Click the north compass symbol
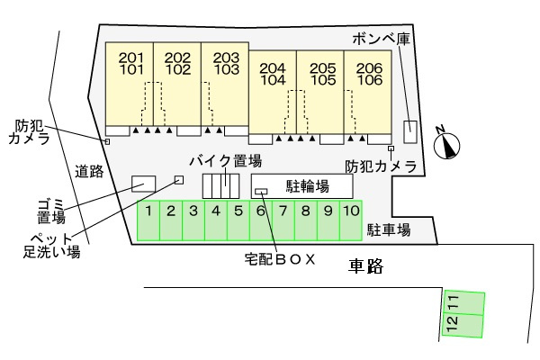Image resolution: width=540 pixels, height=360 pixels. point(447,143)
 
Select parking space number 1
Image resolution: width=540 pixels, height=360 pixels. point(148,220)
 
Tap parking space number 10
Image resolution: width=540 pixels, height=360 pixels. point(350,220)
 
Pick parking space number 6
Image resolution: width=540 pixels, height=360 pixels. point(260,220)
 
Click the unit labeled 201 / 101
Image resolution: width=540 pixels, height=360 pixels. point(130,82)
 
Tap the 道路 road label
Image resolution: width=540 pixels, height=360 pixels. point(88,170)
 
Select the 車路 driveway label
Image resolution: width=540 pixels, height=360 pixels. point(365,265)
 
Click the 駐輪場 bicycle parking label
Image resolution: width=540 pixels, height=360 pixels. point(307,186)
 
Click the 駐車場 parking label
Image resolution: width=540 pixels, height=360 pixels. point(389,230)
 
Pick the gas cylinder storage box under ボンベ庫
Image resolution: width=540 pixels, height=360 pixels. point(410,130)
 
